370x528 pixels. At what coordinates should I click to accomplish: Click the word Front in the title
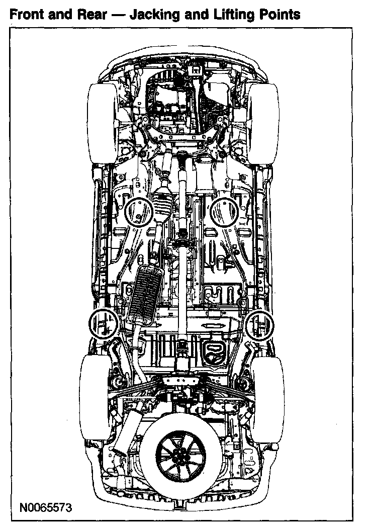click(x=27, y=14)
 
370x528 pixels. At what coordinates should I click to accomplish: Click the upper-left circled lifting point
click(x=139, y=211)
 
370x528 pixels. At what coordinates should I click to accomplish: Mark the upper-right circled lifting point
click(x=225, y=211)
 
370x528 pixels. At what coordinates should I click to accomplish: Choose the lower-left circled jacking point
click(x=103, y=324)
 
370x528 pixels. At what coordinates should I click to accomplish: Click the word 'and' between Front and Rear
click(x=59, y=14)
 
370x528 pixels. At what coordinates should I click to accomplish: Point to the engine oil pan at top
click(x=173, y=101)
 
